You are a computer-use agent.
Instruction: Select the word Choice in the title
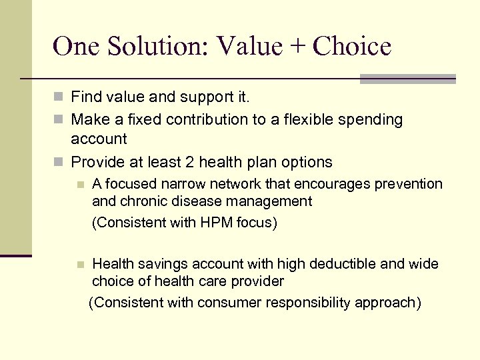point(351,46)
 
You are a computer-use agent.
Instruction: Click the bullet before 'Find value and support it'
point(60,98)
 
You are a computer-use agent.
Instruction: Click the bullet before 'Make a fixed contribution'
point(60,120)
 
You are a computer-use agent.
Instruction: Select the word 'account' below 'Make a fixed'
point(99,139)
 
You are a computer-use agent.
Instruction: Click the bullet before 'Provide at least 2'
point(60,163)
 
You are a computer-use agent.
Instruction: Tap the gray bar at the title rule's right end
point(407,79)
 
